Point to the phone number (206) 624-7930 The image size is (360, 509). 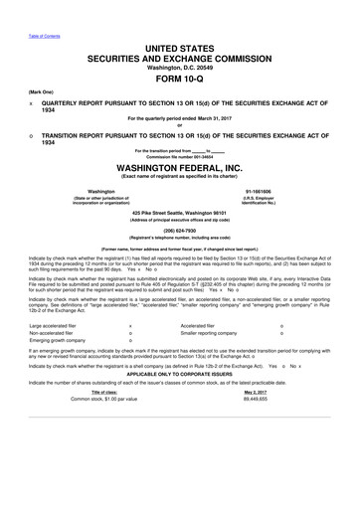pos(180,230)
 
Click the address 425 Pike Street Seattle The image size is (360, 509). pos(180,213)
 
